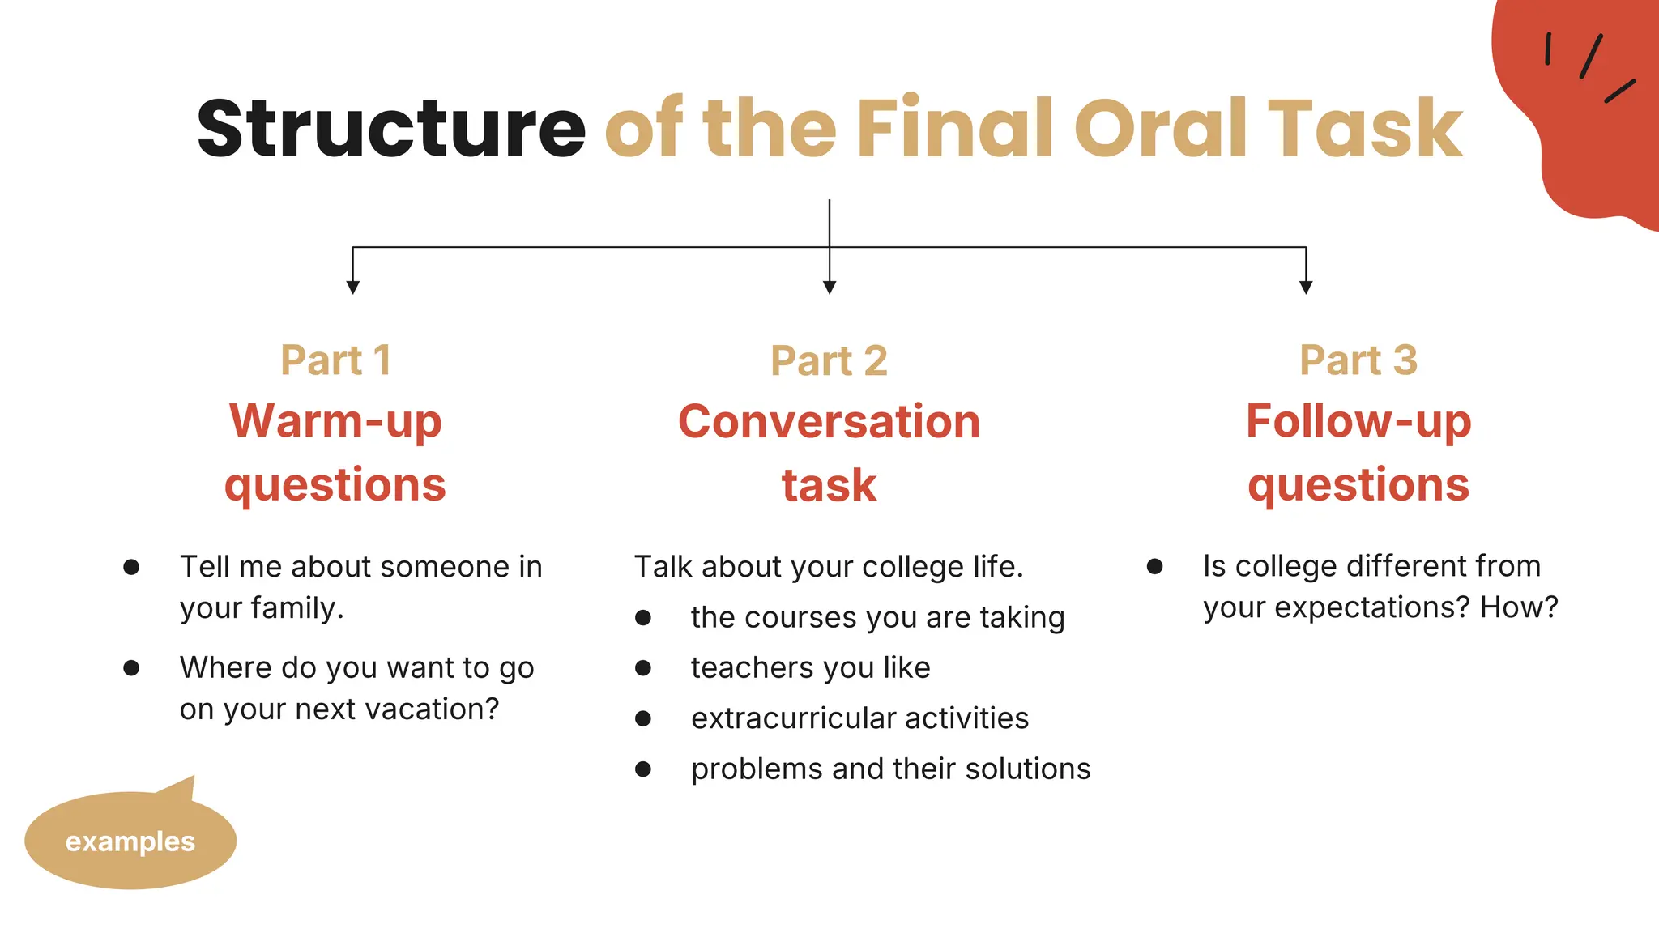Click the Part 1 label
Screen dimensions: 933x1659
pyautogui.click(x=336, y=360)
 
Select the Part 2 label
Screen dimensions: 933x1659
pyautogui.click(x=829, y=361)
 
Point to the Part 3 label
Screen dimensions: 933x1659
pyautogui.click(x=1358, y=360)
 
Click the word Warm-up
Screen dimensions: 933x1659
pyautogui.click(x=335, y=422)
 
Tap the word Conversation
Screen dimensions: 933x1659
pyautogui.click(x=829, y=422)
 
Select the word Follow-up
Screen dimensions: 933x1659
pyautogui.click(x=1358, y=422)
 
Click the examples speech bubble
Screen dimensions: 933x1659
pyautogui.click(x=130, y=841)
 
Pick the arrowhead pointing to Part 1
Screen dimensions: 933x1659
pyautogui.click(x=352, y=287)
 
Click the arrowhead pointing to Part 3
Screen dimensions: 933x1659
pyautogui.click(x=1306, y=287)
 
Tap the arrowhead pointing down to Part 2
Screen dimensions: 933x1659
pyautogui.click(x=829, y=287)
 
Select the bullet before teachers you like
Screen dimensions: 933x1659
pyautogui.click(x=643, y=668)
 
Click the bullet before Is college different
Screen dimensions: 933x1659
pyautogui.click(x=1155, y=567)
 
